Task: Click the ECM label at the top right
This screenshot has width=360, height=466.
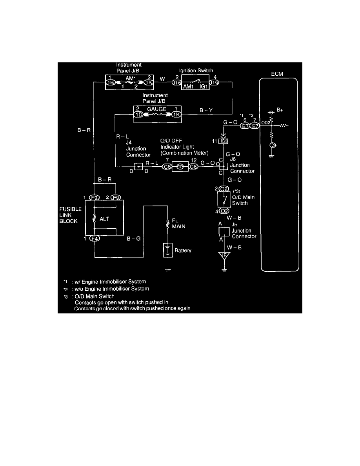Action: [277, 74]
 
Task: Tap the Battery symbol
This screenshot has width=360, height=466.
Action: [167, 250]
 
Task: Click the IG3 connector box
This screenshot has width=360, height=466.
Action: [224, 140]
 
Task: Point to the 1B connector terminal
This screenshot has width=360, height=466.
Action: [111, 83]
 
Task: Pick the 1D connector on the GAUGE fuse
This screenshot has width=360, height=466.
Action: [138, 115]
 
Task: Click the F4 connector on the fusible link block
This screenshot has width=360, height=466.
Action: [95, 238]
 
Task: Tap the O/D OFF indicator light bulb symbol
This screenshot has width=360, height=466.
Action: [180, 166]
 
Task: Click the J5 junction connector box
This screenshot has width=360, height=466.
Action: [224, 231]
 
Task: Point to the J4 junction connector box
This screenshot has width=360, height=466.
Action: [138, 166]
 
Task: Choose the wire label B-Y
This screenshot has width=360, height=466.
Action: [206, 111]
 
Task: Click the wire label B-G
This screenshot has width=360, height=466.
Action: [133, 238]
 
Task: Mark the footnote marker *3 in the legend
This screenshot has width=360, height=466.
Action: [66, 296]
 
